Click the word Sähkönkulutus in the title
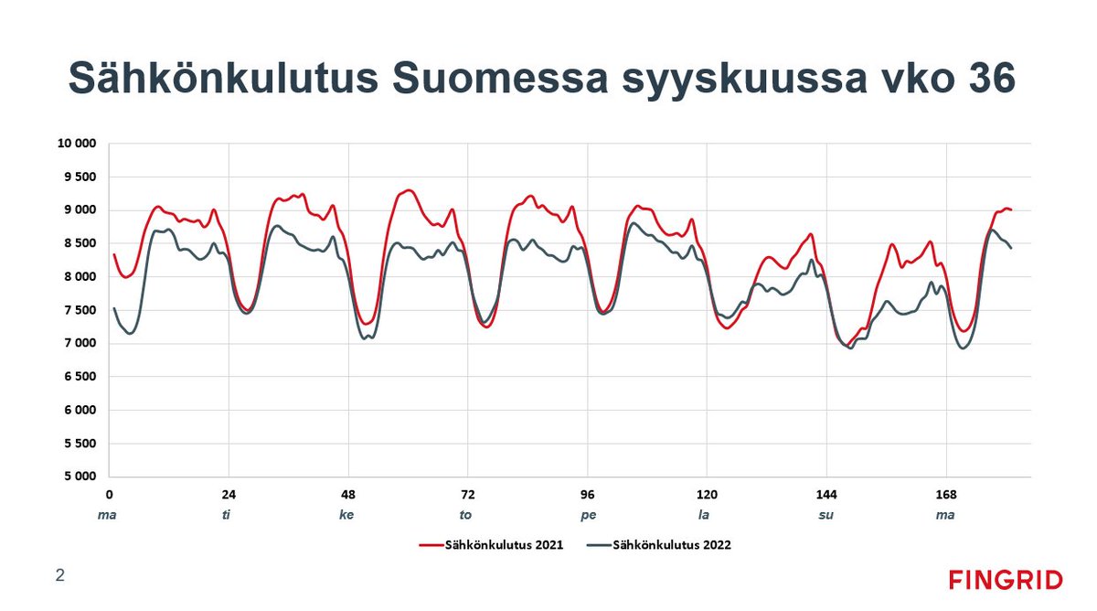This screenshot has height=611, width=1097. (222, 79)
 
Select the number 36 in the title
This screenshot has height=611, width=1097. (987, 79)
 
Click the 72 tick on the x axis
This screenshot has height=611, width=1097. (467, 494)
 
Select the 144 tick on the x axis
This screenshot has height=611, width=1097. (826, 494)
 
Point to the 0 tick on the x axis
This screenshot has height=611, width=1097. (108, 494)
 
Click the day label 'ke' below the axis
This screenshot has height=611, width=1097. (346, 515)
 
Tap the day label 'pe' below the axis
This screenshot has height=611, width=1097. (588, 515)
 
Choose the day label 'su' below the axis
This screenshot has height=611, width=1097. (825, 515)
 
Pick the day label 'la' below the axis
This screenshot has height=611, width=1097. (704, 515)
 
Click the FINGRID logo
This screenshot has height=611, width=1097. (1005, 580)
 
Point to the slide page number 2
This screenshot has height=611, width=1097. (60, 575)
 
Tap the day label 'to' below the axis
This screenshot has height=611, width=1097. (466, 515)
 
